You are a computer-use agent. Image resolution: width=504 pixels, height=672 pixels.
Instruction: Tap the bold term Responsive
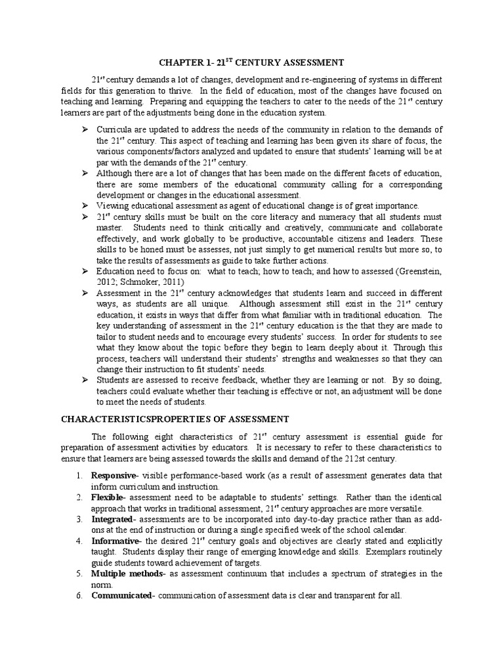click(113, 475)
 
